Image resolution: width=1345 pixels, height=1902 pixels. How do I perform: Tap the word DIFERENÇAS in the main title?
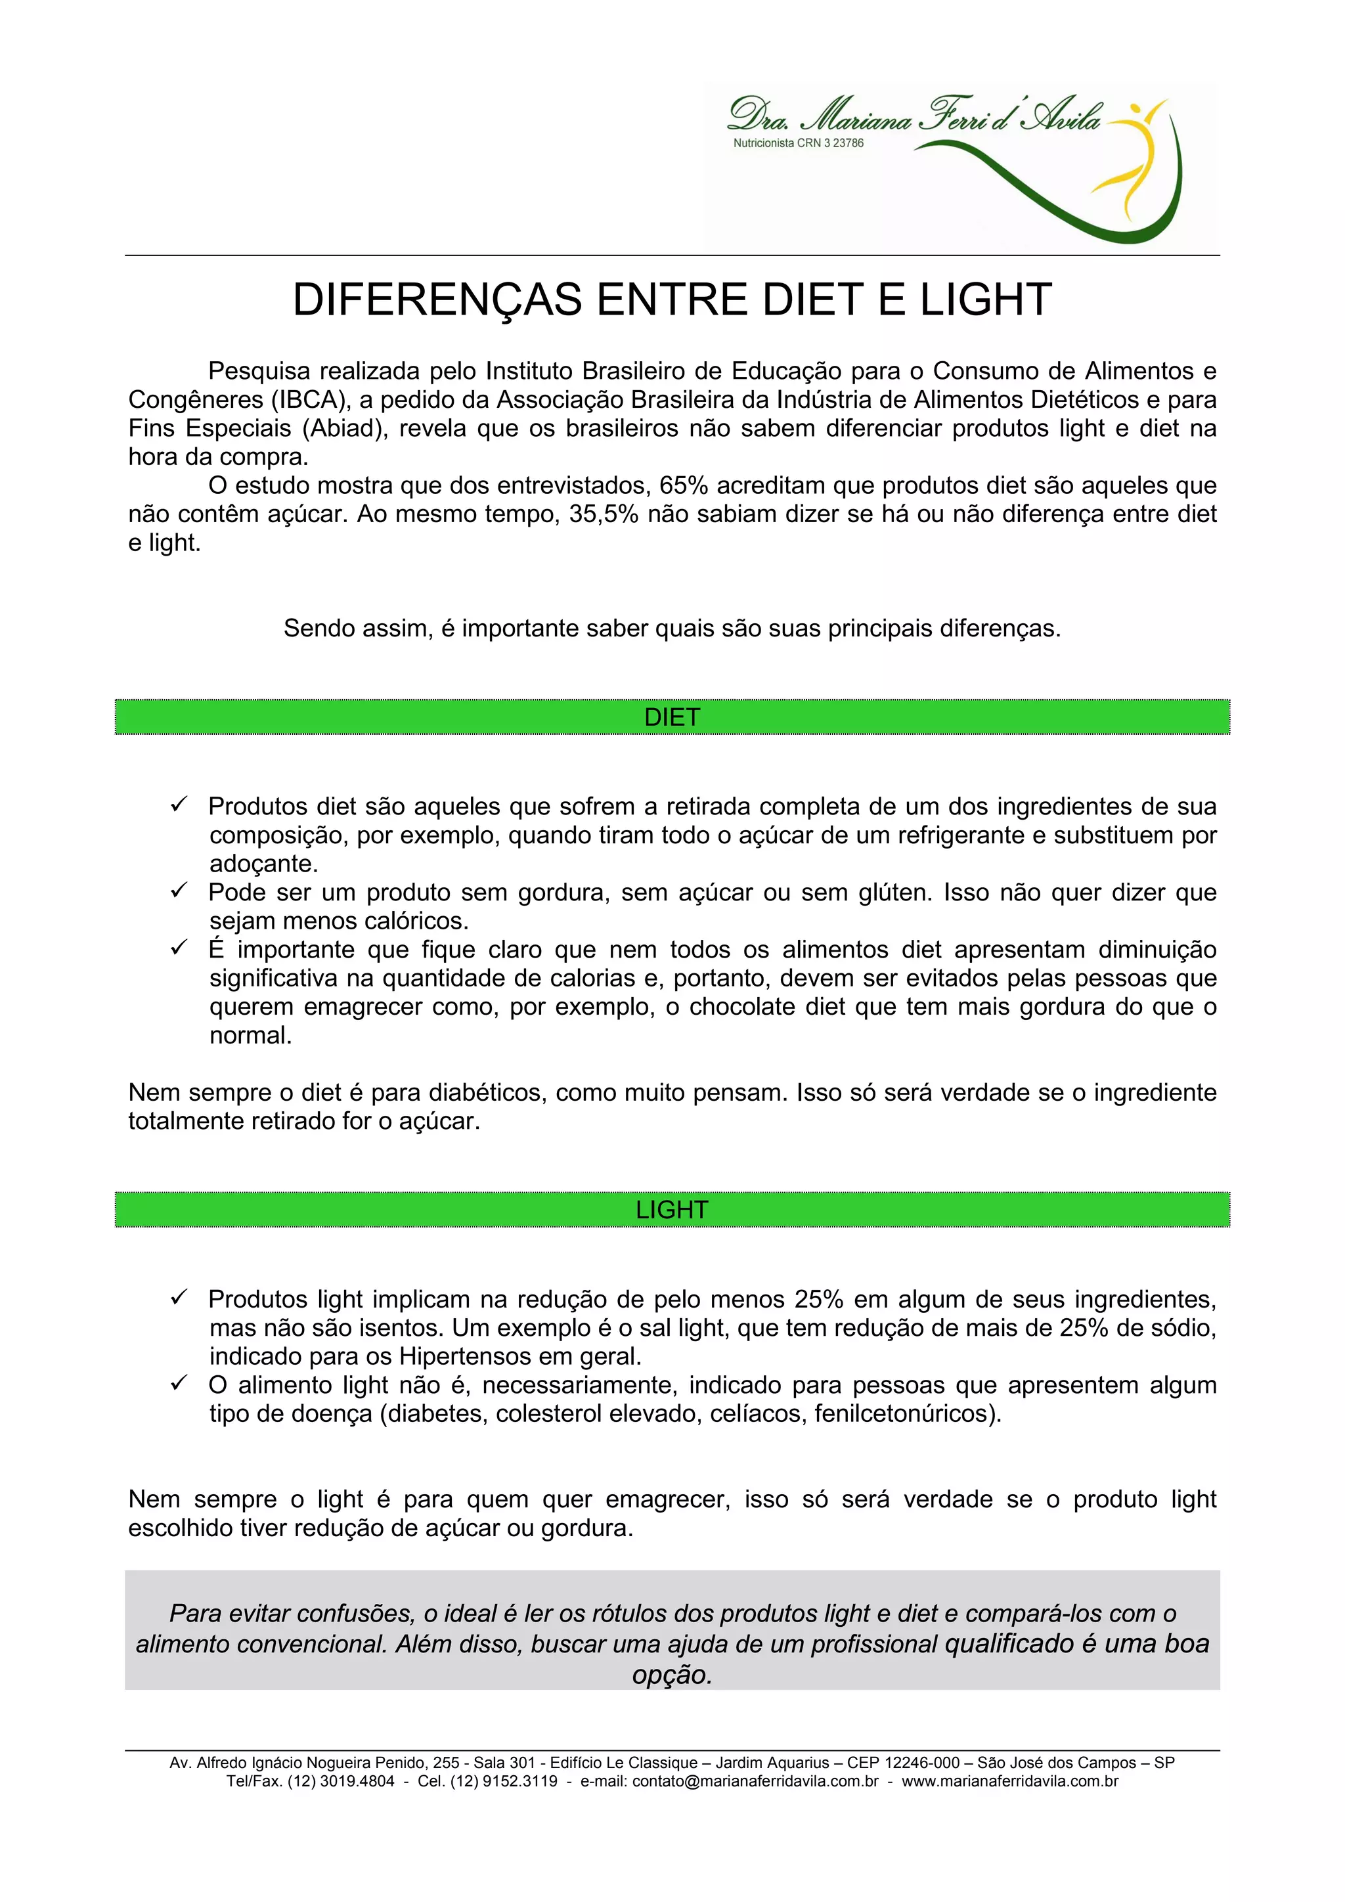point(437,300)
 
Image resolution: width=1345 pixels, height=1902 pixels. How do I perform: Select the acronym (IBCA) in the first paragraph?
point(307,400)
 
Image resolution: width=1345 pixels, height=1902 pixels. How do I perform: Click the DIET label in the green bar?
point(672,717)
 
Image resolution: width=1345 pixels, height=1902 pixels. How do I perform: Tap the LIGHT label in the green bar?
point(672,1210)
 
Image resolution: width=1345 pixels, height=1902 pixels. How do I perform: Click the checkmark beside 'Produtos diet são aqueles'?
point(179,805)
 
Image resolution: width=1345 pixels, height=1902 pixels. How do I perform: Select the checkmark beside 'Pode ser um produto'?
point(179,891)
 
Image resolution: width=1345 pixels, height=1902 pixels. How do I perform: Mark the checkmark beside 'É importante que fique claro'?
point(179,948)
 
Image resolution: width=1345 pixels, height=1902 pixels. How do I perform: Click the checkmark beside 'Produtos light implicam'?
point(179,1297)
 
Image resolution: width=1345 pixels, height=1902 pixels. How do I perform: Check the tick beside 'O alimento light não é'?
point(179,1383)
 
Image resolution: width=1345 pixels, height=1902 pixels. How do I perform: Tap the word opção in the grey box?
point(672,1675)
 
